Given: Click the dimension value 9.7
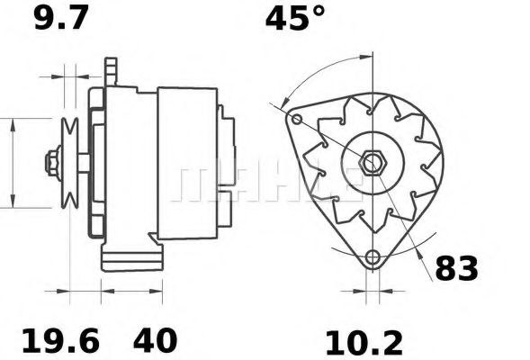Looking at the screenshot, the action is tap(61, 18).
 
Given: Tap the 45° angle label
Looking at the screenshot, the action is tap(295, 18).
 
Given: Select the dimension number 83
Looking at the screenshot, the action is tap(456, 269).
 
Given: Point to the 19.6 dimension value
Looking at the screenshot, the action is tap(61, 341).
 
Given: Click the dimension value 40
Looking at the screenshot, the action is tap(155, 341).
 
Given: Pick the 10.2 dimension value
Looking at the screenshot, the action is tap(364, 344).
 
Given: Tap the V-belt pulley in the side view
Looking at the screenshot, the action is tap(69, 163).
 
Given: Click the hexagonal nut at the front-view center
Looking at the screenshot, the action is tap(372, 163).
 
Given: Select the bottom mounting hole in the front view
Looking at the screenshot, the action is tap(373, 257).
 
